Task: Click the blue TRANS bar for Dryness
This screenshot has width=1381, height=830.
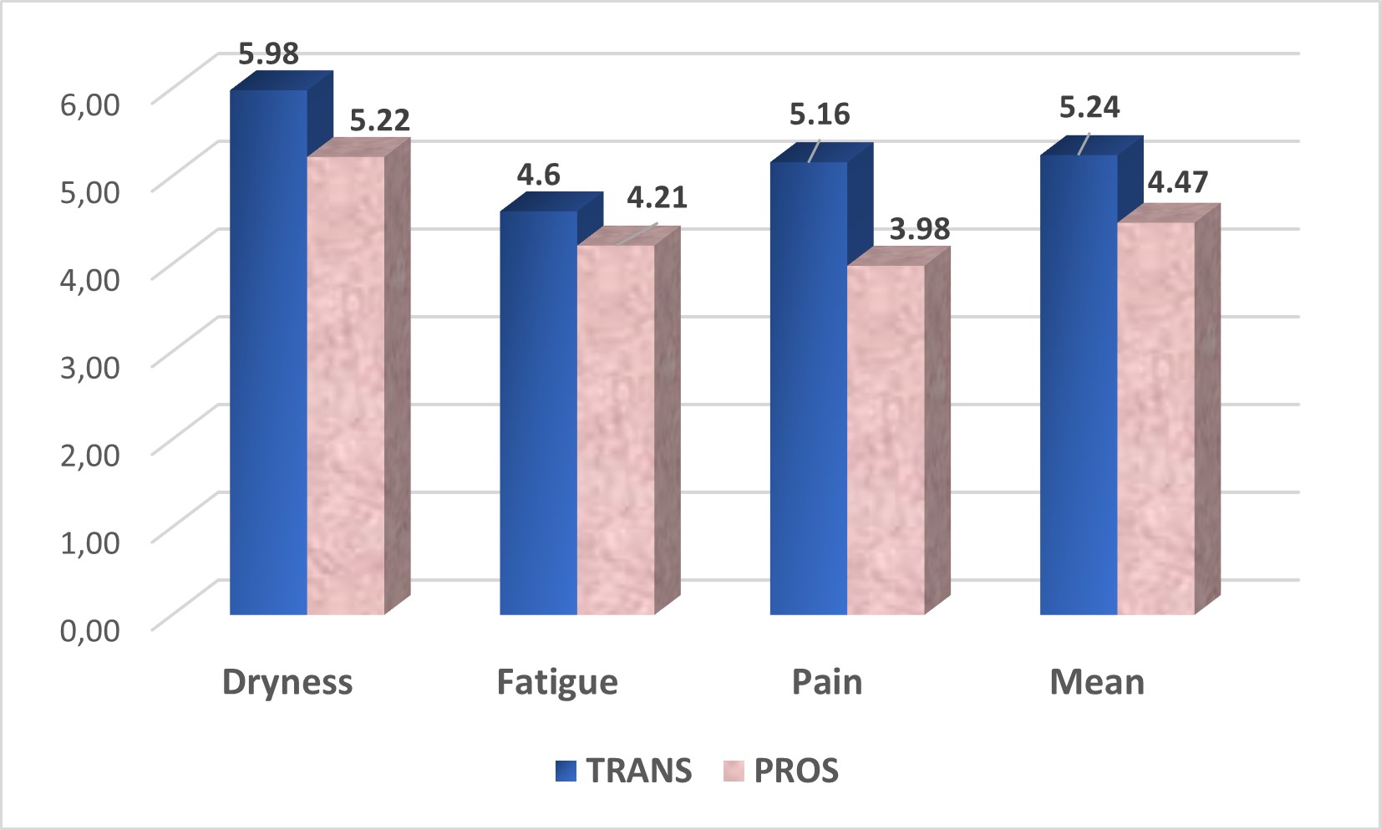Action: point(268,351)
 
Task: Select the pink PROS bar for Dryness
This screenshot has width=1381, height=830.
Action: point(346,384)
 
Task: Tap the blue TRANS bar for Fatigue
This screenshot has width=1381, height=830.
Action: point(538,413)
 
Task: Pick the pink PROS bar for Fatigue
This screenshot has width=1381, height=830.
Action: point(616,430)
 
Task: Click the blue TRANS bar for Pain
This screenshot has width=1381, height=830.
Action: point(808,388)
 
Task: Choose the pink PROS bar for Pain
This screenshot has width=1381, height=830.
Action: point(886,440)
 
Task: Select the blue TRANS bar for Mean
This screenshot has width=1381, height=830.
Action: point(1078,384)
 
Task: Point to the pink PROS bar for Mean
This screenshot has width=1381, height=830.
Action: point(1155,418)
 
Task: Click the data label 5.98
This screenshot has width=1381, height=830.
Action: point(268,53)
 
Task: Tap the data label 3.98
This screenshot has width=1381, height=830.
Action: point(919,228)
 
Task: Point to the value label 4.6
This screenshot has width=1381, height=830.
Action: point(538,175)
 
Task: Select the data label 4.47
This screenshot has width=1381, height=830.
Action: point(1177,182)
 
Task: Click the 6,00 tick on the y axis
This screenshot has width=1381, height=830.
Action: point(89,104)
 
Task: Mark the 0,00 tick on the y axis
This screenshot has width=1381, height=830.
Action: point(89,629)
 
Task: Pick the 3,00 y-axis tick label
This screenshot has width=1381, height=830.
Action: point(89,366)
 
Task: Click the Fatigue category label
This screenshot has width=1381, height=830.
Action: point(556,682)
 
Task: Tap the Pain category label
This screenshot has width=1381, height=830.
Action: point(826,682)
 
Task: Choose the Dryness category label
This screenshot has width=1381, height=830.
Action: point(287,682)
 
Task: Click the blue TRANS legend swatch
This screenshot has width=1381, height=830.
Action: point(566,771)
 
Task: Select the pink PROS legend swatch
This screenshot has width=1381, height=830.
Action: point(733,771)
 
